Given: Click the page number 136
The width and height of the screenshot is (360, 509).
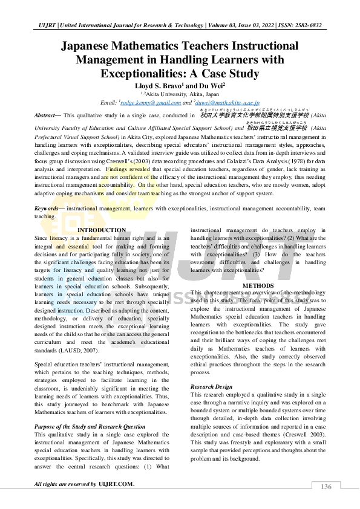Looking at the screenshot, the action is (326, 487).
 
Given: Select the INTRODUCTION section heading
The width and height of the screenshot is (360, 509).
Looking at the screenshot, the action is (102, 230).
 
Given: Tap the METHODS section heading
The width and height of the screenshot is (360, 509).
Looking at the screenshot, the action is (259, 285).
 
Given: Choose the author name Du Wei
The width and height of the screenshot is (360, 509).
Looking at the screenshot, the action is (211, 86).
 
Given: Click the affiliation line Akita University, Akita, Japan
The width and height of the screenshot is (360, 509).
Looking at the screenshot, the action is (181, 95).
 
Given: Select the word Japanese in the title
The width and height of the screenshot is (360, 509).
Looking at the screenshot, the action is (100, 46).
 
